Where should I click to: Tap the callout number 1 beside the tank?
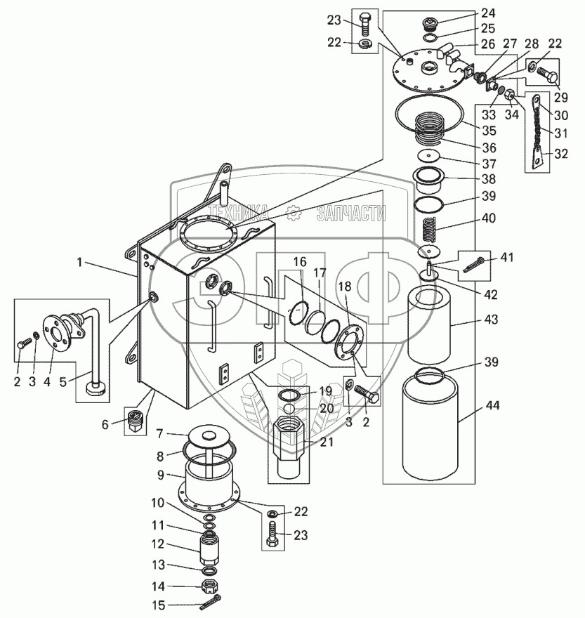pos(79,262)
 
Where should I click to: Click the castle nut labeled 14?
pos(210,586)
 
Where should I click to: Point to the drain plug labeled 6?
pos(136,420)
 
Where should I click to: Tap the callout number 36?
pos(489,147)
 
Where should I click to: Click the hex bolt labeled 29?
pos(548,75)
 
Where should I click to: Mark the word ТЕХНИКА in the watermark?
pos(239,212)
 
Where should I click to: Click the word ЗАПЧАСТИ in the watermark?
pos(351,213)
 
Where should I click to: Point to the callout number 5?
pos(63,382)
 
